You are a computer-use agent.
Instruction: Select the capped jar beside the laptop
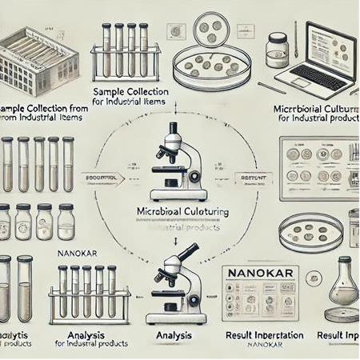[x=278, y=50]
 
